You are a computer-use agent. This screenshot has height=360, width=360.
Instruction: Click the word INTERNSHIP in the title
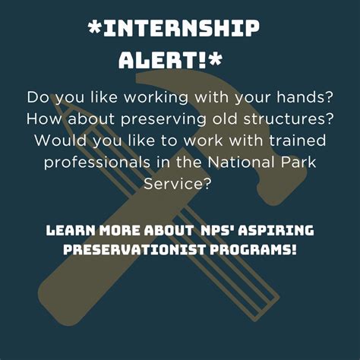(182, 28)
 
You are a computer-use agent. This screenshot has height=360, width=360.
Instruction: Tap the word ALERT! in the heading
(162, 60)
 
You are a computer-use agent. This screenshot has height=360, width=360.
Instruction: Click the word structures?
(289, 119)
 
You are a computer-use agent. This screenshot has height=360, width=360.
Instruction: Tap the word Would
(60, 140)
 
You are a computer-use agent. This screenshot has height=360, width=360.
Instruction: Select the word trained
(297, 140)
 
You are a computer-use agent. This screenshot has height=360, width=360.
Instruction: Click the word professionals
(97, 163)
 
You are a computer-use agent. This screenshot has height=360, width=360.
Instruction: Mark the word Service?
(177, 184)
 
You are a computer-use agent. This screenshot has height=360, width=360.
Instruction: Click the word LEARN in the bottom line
(71, 231)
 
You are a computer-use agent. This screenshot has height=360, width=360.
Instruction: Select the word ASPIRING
(276, 231)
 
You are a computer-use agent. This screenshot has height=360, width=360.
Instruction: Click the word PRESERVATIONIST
(134, 250)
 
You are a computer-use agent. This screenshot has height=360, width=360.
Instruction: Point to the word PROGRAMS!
(253, 250)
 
